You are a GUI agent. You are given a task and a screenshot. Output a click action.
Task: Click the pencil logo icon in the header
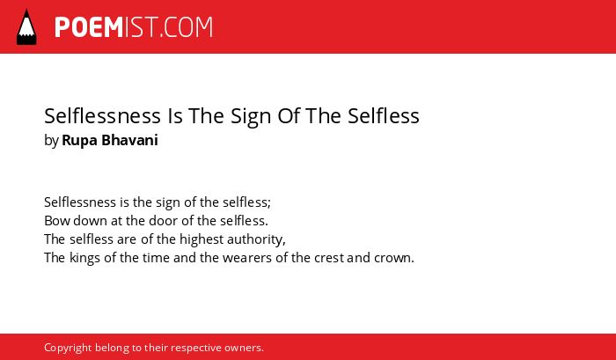pyautogui.click(x=26, y=27)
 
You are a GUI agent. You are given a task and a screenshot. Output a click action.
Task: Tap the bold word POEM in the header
pyautogui.click(x=89, y=27)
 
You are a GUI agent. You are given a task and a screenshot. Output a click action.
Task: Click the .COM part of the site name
pyautogui.click(x=186, y=27)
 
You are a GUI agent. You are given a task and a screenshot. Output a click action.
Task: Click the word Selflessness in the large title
pyautogui.click(x=103, y=116)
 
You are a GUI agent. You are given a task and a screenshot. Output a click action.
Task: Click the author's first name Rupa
pyautogui.click(x=80, y=141)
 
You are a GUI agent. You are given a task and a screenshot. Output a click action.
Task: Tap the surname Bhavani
pyautogui.click(x=129, y=140)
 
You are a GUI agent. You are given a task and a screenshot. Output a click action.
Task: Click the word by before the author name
pyautogui.click(x=51, y=141)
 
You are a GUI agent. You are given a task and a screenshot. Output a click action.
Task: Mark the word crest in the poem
pyautogui.click(x=329, y=258)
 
